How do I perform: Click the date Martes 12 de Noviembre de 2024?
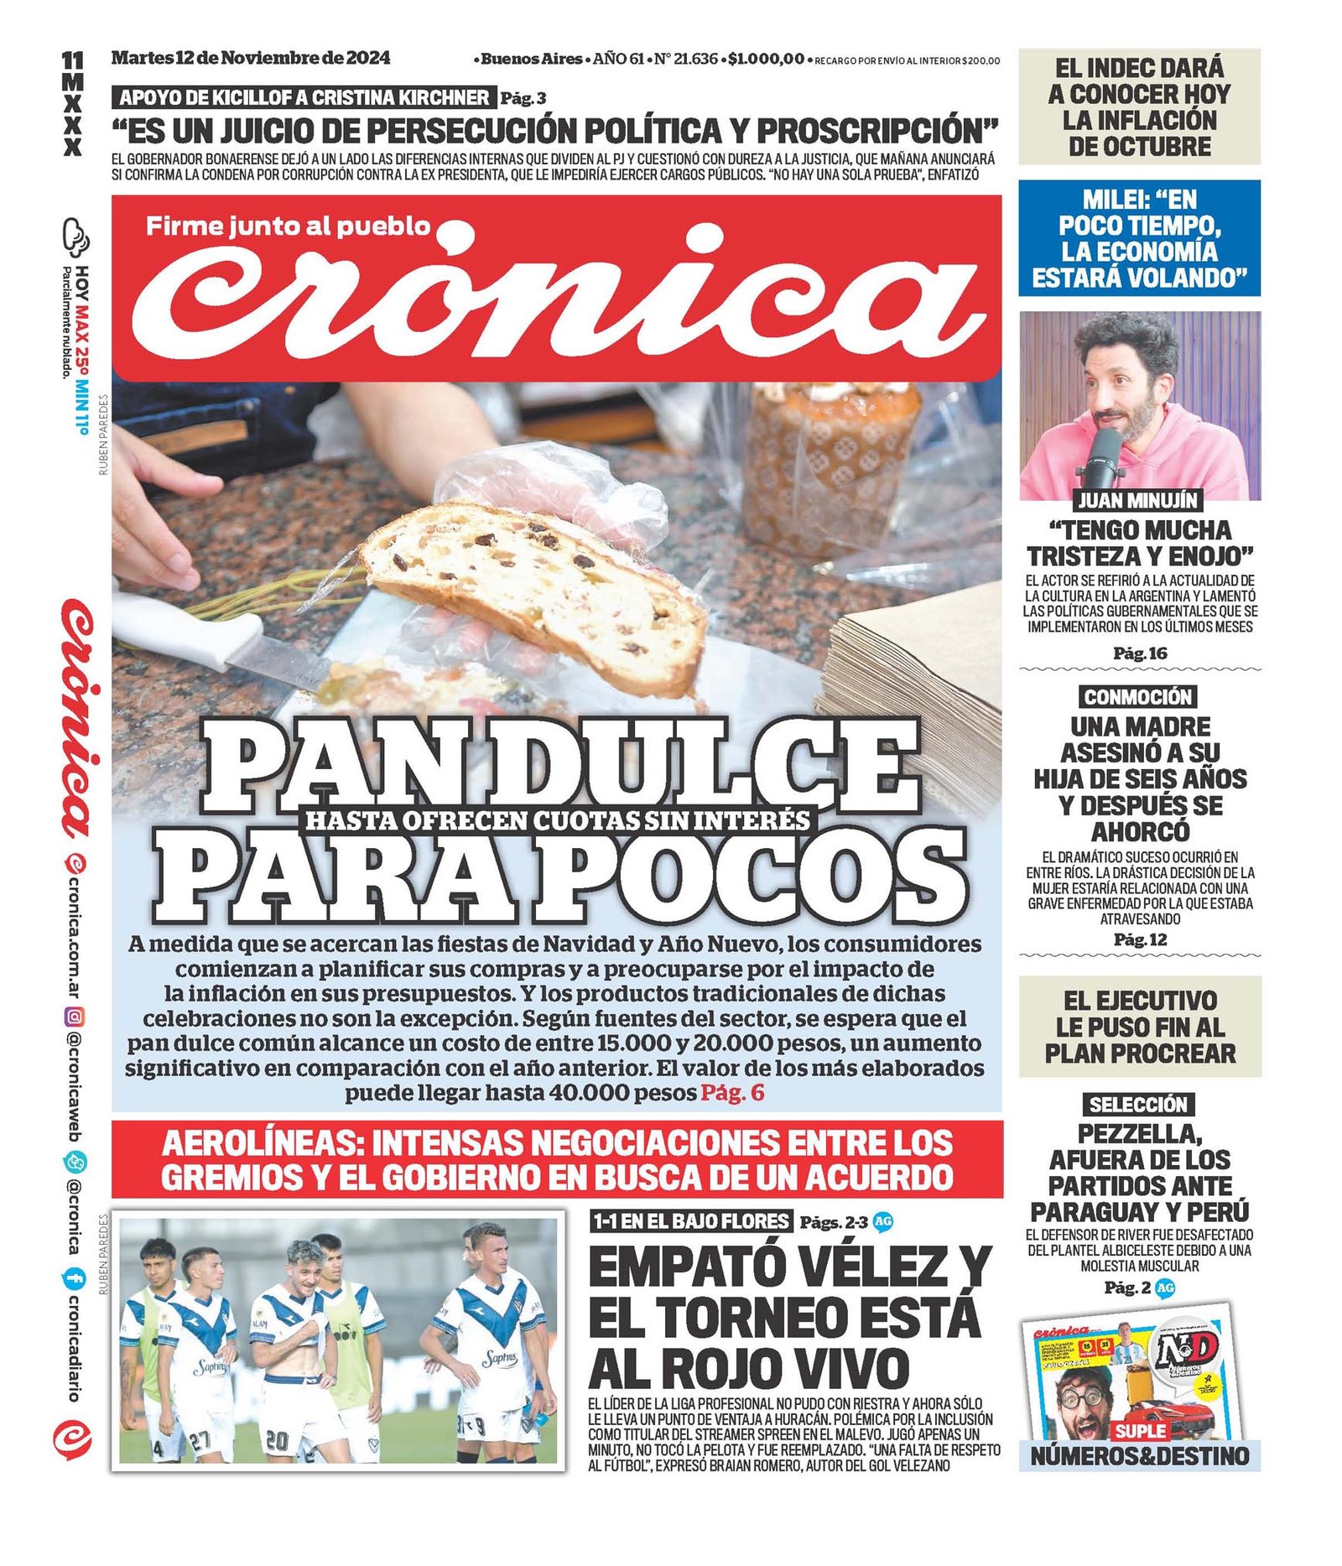(250, 58)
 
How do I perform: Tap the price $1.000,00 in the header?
(766, 59)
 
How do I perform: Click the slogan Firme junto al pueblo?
(288, 226)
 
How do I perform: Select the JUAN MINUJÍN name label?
(1138, 501)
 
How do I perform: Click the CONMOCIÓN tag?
(1137, 697)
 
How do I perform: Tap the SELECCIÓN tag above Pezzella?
(1138, 1105)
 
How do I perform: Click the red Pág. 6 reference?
(732, 1092)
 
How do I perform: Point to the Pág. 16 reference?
(1140, 653)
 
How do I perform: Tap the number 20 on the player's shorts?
(276, 1439)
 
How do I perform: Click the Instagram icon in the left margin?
(75, 1017)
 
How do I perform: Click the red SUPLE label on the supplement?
(1140, 1430)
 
